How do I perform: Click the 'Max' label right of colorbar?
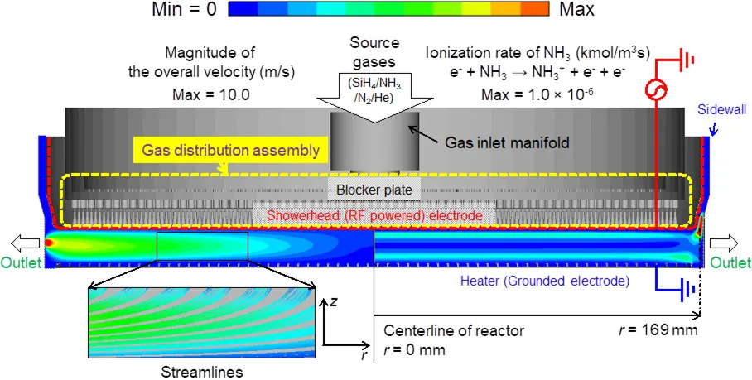click(576, 11)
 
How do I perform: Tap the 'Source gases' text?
click(375, 51)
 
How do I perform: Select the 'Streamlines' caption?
click(203, 372)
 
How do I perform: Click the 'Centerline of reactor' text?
click(454, 330)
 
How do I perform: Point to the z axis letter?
click(331, 303)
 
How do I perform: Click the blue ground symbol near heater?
click(685, 291)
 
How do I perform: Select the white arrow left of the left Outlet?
click(19, 243)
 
